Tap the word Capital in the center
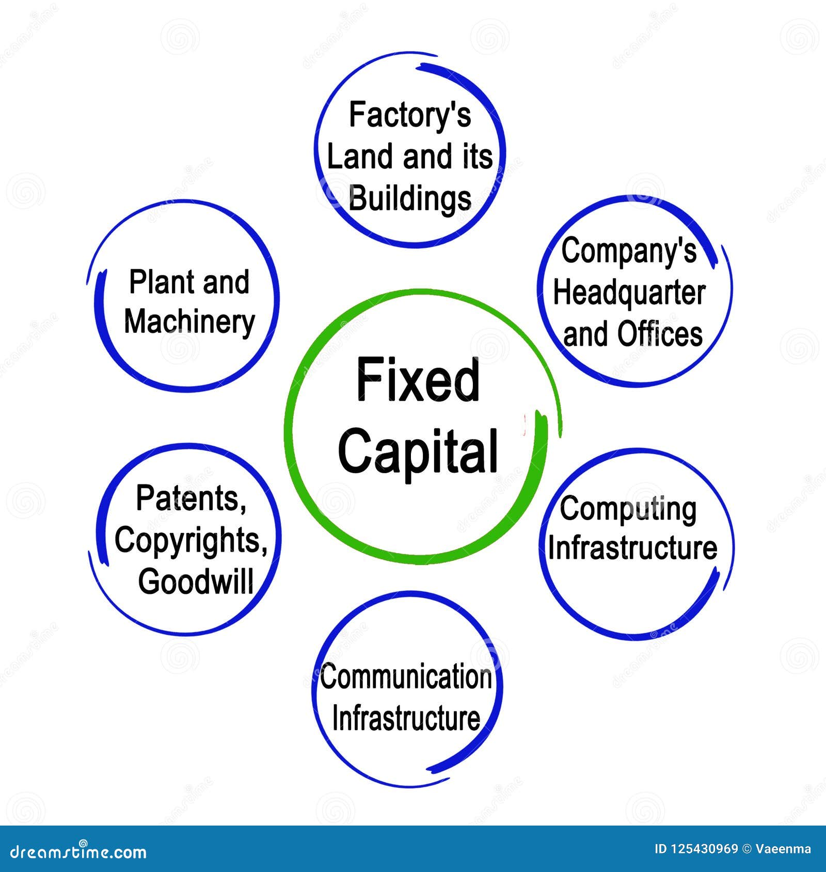[418, 451]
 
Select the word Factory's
[410, 115]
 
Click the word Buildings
[410, 199]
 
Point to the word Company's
[629, 251]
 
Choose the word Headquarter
[629, 293]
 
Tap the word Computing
[628, 510]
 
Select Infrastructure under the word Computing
[632, 548]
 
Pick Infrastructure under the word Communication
[406, 718]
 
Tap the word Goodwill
[196, 582]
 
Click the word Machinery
[189, 322]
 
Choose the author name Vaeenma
[783, 849]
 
